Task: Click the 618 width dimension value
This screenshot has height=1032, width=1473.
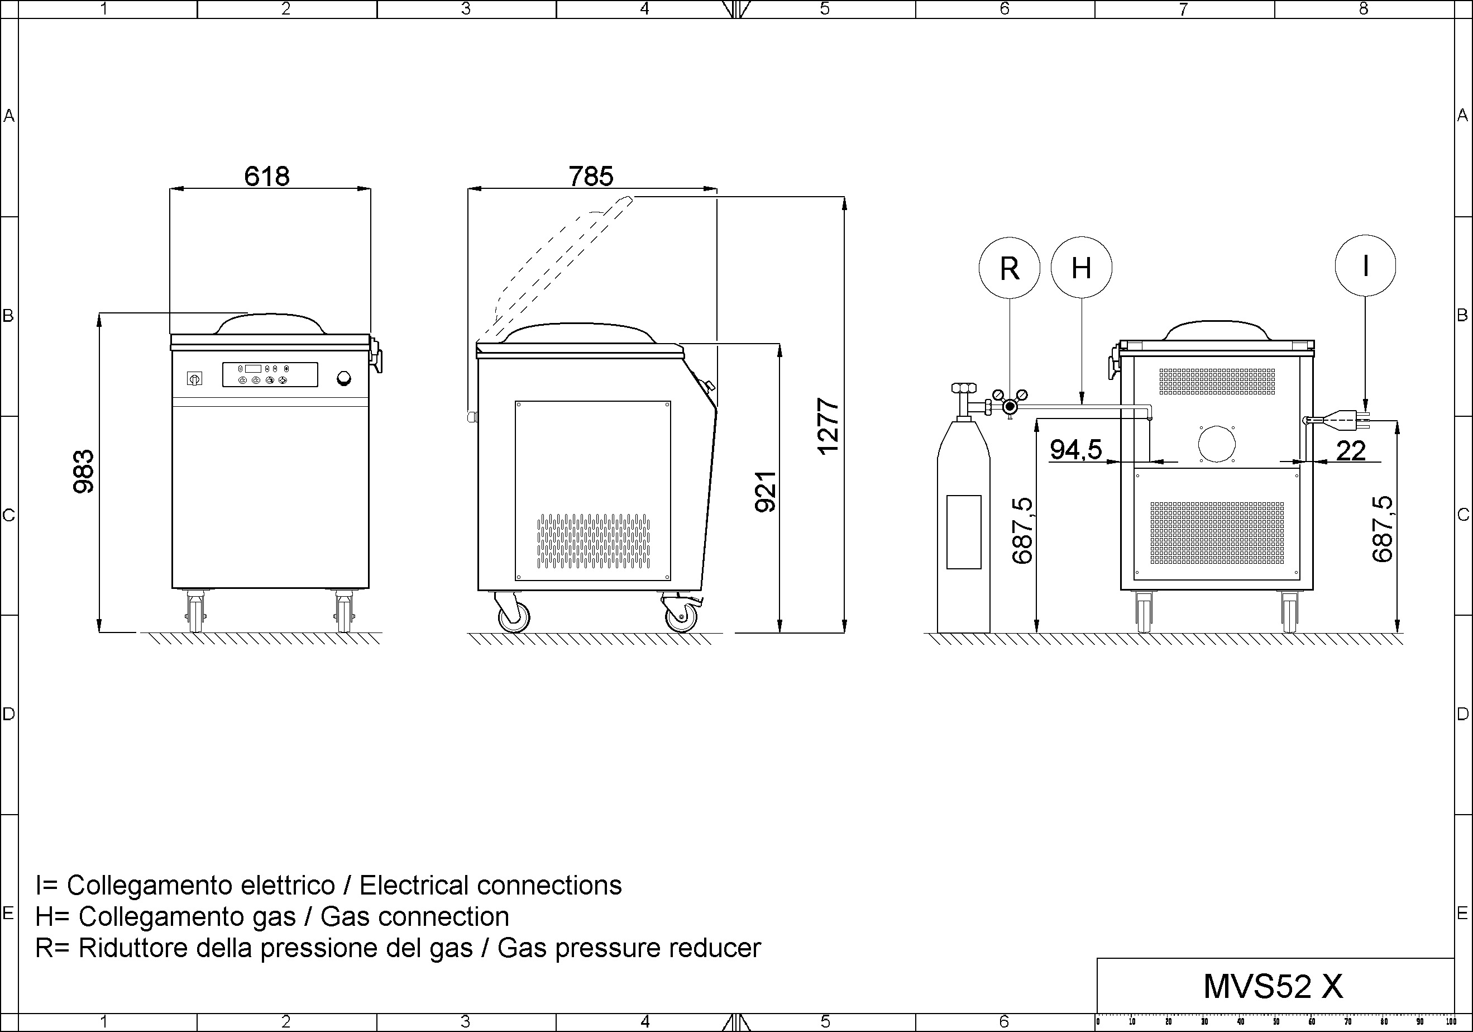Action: tap(267, 176)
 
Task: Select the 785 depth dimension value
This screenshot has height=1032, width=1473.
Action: tap(591, 176)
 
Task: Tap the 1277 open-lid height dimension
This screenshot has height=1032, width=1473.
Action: tap(828, 427)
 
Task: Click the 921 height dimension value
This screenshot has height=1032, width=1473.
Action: tap(766, 492)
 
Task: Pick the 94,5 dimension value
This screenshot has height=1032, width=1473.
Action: tap(1076, 449)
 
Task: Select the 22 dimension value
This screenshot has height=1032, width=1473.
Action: tap(1351, 450)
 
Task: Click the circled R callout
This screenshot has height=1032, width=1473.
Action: tap(1009, 268)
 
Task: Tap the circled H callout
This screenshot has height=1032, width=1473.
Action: tap(1082, 268)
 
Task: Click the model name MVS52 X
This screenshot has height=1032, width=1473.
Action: tap(1273, 986)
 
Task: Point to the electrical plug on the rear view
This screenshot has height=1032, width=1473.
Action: tap(1338, 420)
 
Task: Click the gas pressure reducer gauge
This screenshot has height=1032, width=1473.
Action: tap(1010, 406)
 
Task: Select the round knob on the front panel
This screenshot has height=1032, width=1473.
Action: tap(344, 379)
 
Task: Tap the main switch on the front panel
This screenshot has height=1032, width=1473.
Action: tap(194, 379)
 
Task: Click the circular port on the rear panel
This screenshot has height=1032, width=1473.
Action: tap(1216, 444)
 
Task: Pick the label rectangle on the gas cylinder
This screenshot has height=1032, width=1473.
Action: tap(964, 532)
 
